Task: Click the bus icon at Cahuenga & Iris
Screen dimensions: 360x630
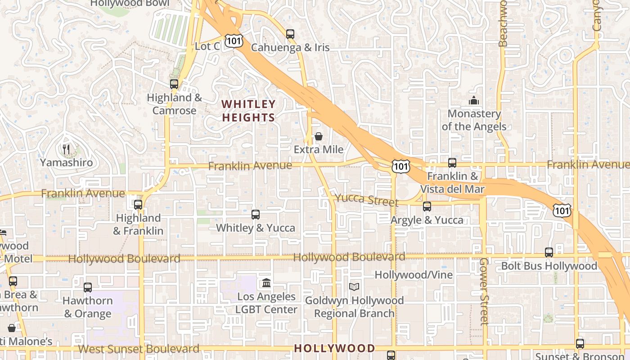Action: tap(290, 34)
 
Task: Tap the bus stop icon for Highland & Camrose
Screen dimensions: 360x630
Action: tap(174, 84)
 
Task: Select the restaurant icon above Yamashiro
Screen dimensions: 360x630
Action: tap(66, 149)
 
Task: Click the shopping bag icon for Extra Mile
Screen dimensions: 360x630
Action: tap(319, 136)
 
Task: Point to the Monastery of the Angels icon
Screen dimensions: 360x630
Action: tap(473, 100)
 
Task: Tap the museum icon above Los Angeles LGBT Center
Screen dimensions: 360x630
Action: tap(266, 283)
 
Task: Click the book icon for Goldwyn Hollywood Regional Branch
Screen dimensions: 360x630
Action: tap(354, 287)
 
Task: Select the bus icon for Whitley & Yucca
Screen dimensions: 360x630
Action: tap(256, 214)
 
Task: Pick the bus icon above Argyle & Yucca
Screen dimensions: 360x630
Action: tap(427, 207)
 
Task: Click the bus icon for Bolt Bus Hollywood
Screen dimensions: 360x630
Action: tap(549, 252)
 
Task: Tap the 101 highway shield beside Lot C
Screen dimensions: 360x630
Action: tap(234, 41)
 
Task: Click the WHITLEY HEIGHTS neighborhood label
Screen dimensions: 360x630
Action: tap(248, 111)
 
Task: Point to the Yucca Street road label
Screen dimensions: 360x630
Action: tap(366, 199)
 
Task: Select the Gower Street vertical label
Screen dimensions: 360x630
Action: tap(484, 291)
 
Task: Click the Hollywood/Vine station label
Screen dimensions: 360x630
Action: tap(414, 274)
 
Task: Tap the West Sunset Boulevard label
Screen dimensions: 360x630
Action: tap(139, 349)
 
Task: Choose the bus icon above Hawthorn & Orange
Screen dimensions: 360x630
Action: tap(88, 287)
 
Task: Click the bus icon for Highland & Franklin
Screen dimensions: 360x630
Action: tap(138, 205)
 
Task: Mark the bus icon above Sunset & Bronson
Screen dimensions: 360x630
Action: tap(580, 344)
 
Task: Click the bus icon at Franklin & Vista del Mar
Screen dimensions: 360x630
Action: tap(452, 163)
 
